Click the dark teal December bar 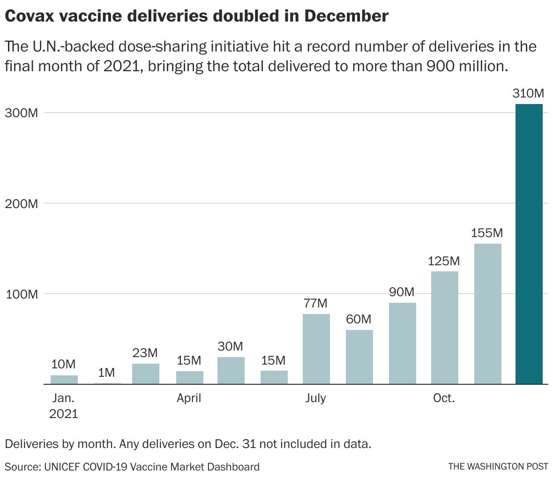529,244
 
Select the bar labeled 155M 487,314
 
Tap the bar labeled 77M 316,349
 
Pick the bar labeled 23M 146,374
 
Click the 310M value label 528,93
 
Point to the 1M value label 106,373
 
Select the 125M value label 444,261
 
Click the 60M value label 359,319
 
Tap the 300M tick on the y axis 21,113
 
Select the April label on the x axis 189,398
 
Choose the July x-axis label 315,398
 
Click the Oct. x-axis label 444,398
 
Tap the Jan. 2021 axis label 64,406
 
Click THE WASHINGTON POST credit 498,466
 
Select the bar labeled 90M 402,343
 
